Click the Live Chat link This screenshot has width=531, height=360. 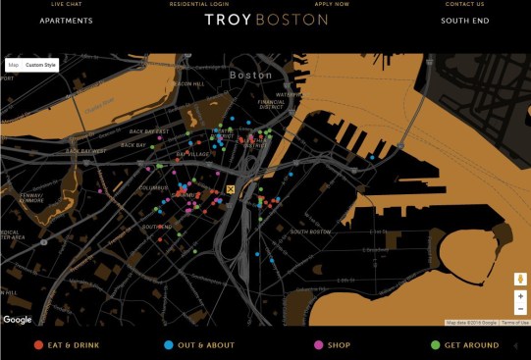[67, 4]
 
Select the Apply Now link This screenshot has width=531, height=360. [332, 4]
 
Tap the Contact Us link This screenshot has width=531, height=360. [464, 4]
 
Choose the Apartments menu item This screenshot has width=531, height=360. [67, 21]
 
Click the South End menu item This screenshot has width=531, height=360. [464, 21]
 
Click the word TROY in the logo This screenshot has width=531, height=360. [227, 20]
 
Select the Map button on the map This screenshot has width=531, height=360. [14, 65]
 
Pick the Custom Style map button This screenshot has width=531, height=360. [41, 65]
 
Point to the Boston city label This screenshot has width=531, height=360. [250, 75]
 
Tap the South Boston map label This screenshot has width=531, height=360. [312, 231]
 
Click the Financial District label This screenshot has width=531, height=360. [271, 105]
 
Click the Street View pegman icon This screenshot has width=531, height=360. [520, 278]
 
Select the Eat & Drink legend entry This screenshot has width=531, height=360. [68, 345]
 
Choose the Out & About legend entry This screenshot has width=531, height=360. [199, 345]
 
